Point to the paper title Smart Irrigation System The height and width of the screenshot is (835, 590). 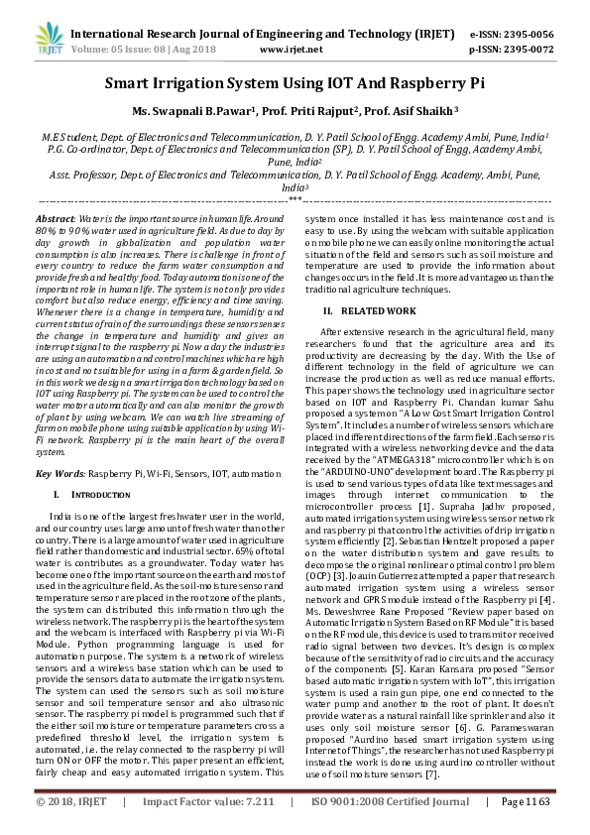point(295,86)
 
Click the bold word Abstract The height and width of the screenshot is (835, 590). point(54,217)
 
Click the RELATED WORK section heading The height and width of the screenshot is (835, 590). point(384,311)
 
